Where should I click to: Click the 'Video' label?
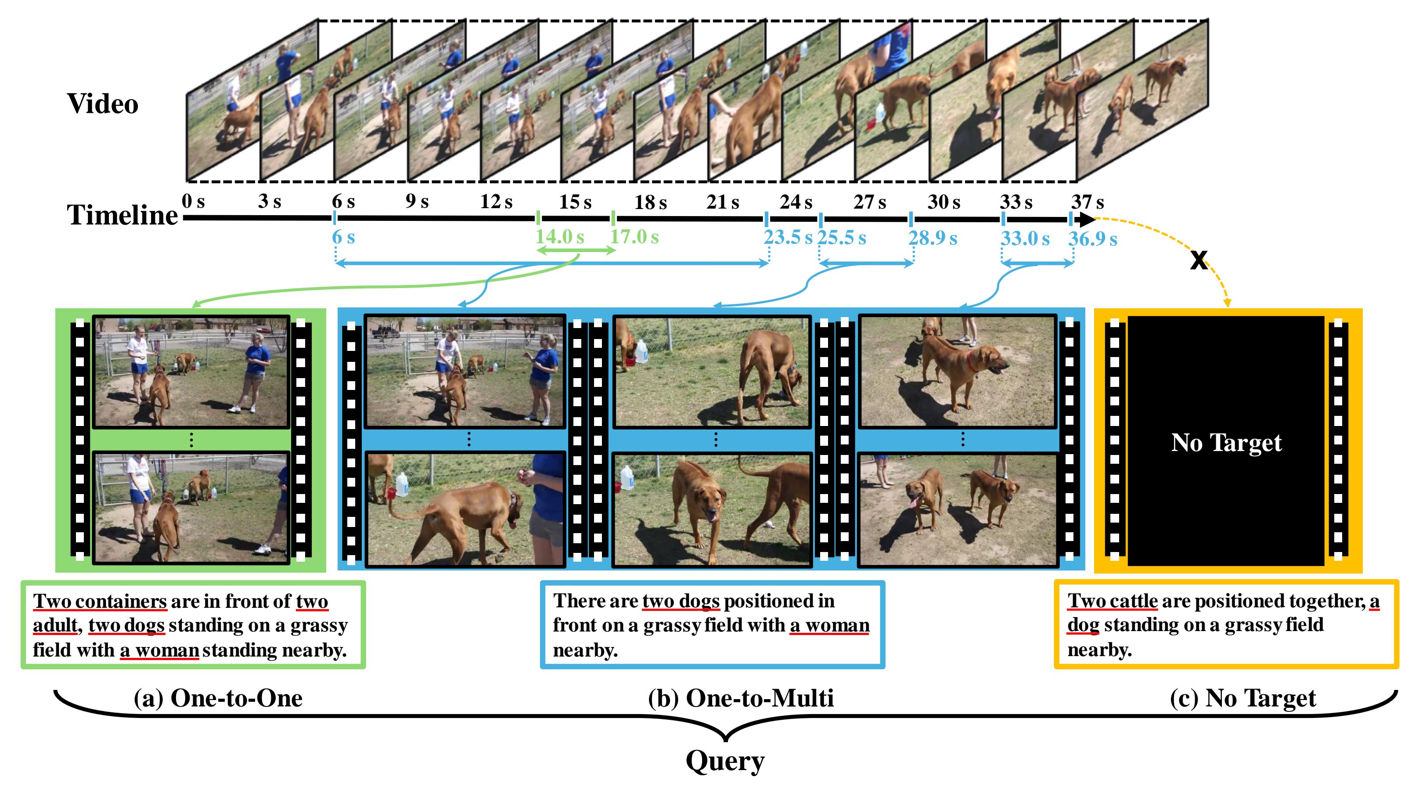pos(102,104)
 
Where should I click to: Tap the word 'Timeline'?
pos(122,215)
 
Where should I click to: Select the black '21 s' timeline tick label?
pos(722,202)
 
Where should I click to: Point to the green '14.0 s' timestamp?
pos(559,237)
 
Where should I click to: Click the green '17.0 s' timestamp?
pos(634,237)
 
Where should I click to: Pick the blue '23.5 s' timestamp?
pos(787,238)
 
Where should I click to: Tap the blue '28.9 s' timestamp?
pos(932,238)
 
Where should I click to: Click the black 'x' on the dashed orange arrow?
pos(1199,260)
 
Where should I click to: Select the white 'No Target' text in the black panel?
pos(1226,443)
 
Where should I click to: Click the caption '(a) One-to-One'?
pos(218,698)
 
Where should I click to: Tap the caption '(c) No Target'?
pos(1243,698)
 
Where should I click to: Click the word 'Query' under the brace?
pos(725,761)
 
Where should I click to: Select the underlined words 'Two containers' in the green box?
pos(100,601)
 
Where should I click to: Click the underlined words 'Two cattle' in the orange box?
pos(1112,601)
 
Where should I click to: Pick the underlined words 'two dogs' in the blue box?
pos(681,601)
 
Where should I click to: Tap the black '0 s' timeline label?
pos(193,201)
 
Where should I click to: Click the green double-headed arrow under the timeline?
pos(576,251)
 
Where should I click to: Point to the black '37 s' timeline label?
pos(1088,202)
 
